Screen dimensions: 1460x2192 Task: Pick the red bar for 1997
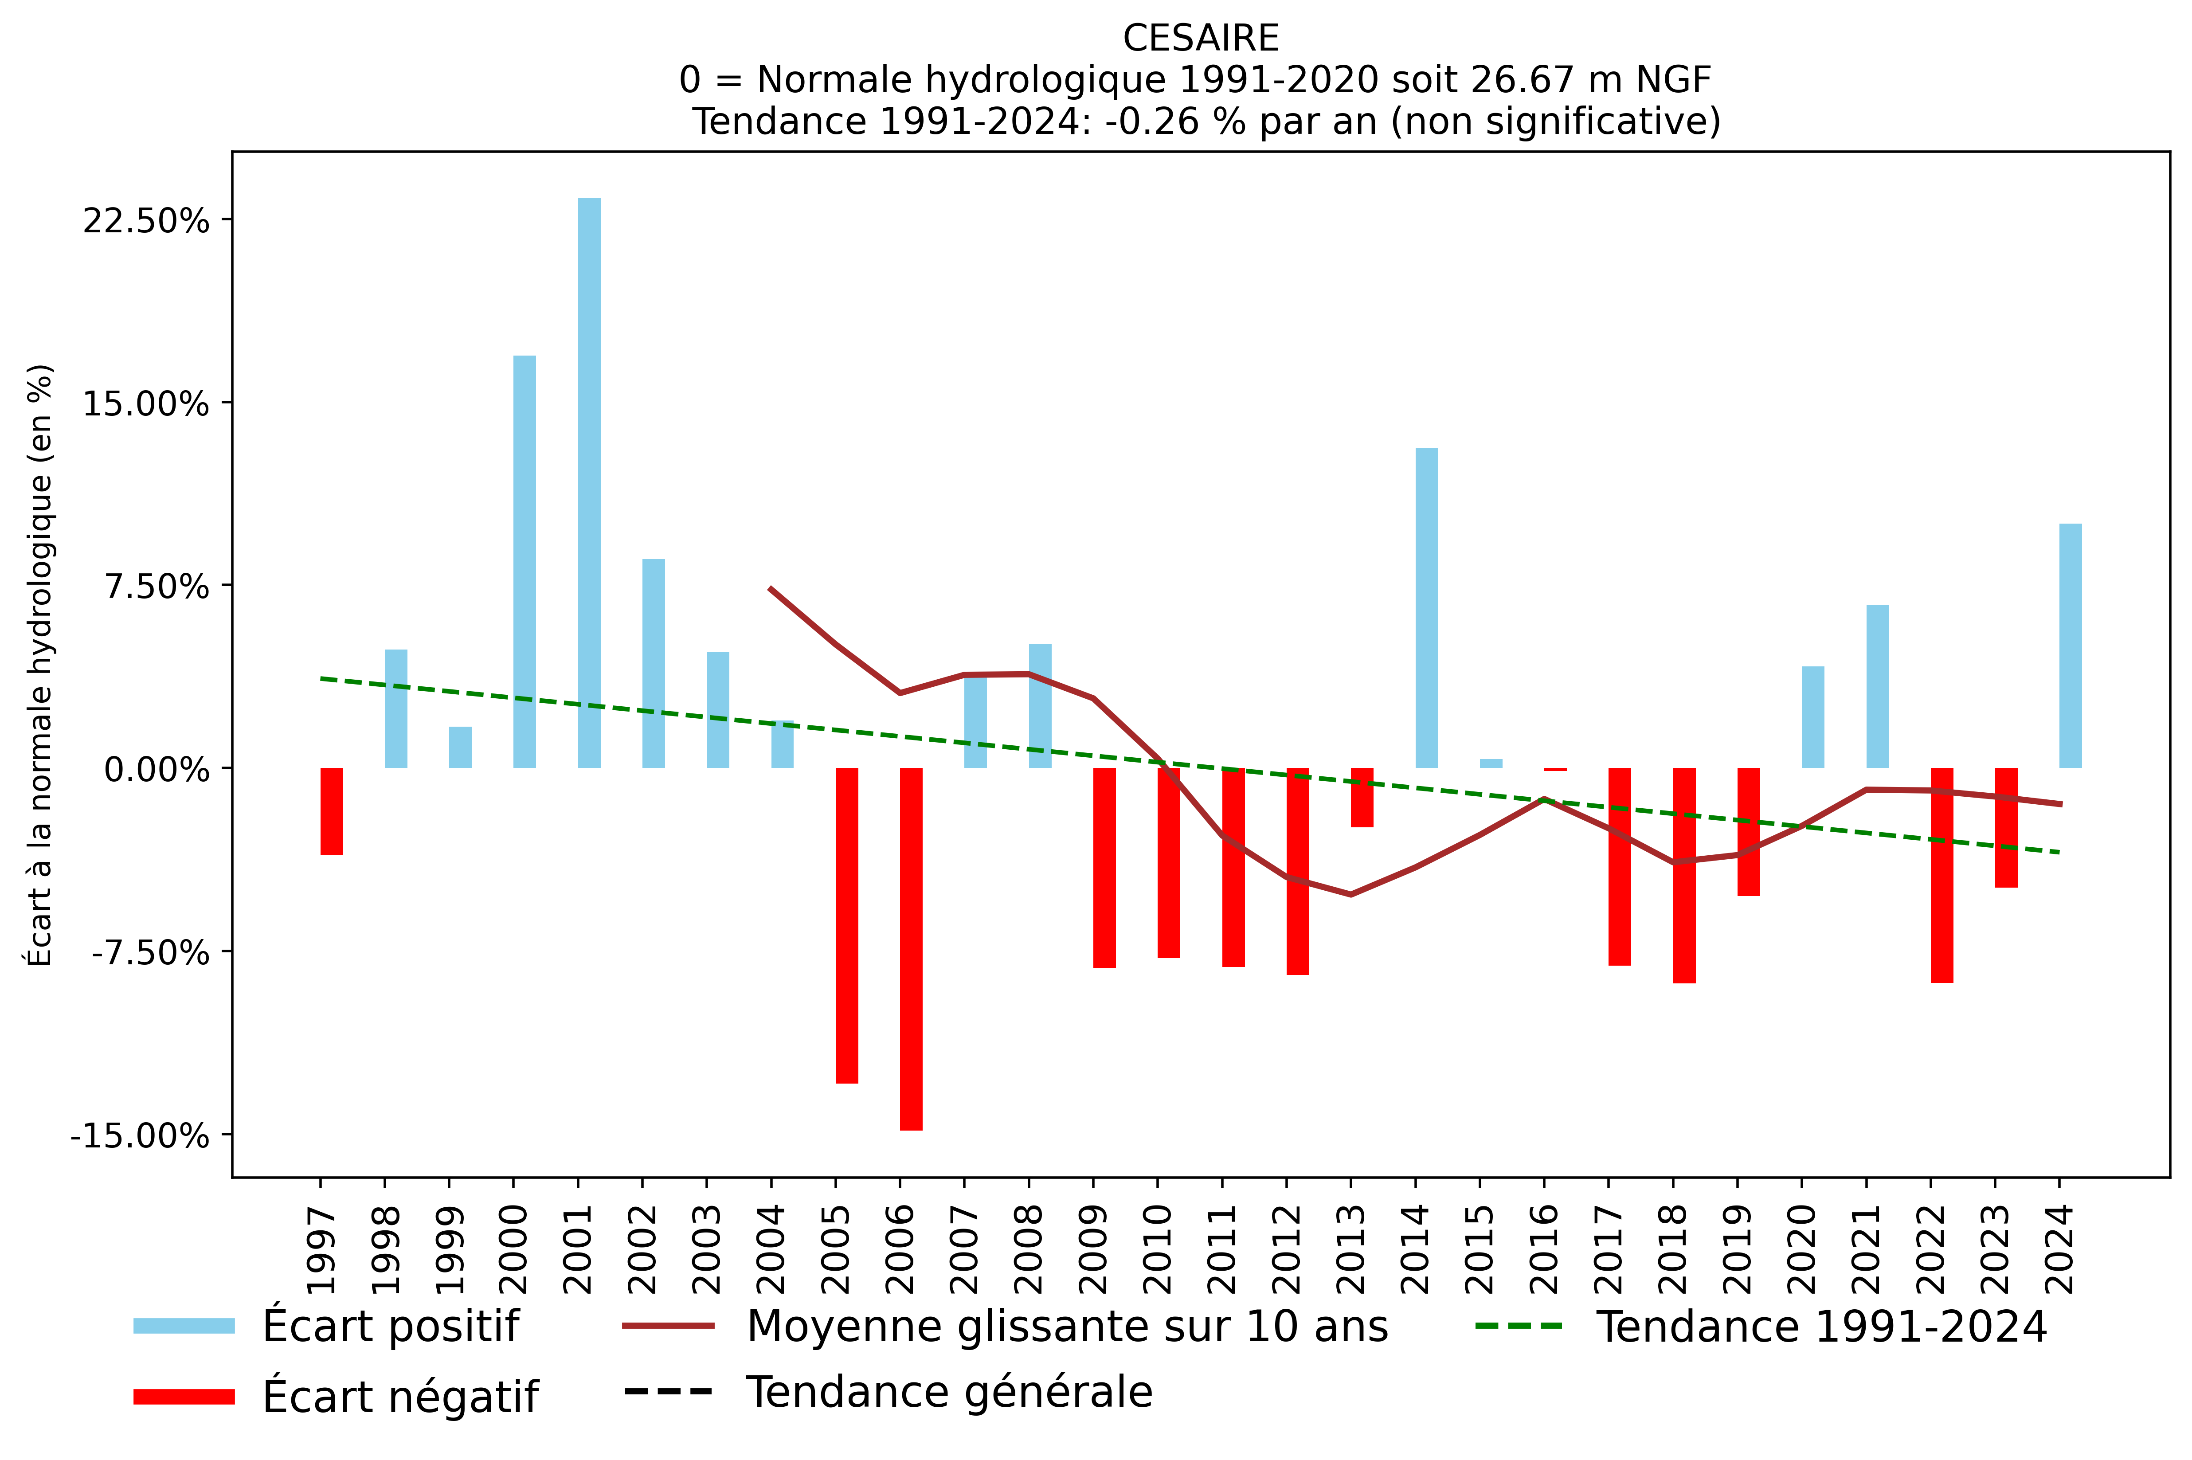[332, 810]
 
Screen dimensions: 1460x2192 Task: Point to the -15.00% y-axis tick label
[140, 1136]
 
